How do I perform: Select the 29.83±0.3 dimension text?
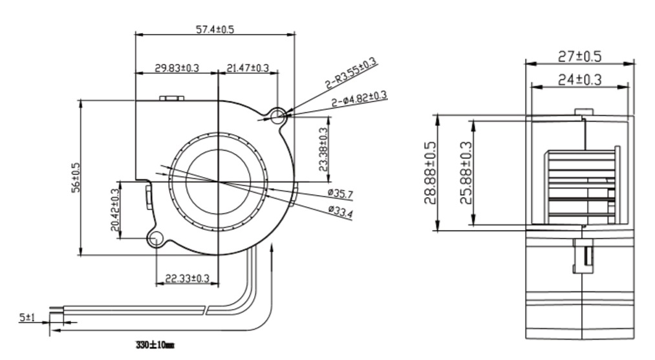pyautogui.click(x=177, y=68)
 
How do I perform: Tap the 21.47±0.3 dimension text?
pyautogui.click(x=248, y=68)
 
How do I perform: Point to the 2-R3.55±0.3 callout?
pyautogui.click(x=350, y=74)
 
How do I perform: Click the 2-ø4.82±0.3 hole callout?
pyautogui.click(x=359, y=99)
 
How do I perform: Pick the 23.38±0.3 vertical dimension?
pyautogui.click(x=323, y=149)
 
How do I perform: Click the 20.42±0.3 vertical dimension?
pyautogui.click(x=115, y=209)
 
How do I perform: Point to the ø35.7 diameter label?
pyautogui.click(x=340, y=193)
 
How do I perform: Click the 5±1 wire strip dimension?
pyautogui.click(x=27, y=317)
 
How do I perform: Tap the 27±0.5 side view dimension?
pyautogui.click(x=579, y=57)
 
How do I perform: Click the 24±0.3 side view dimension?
pyautogui.click(x=579, y=79)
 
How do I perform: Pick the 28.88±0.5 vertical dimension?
pyautogui.click(x=430, y=173)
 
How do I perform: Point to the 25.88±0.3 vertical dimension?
pyautogui.click(x=466, y=173)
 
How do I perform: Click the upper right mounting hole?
pyautogui.click(x=279, y=116)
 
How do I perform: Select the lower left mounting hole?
pyautogui.click(x=155, y=240)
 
